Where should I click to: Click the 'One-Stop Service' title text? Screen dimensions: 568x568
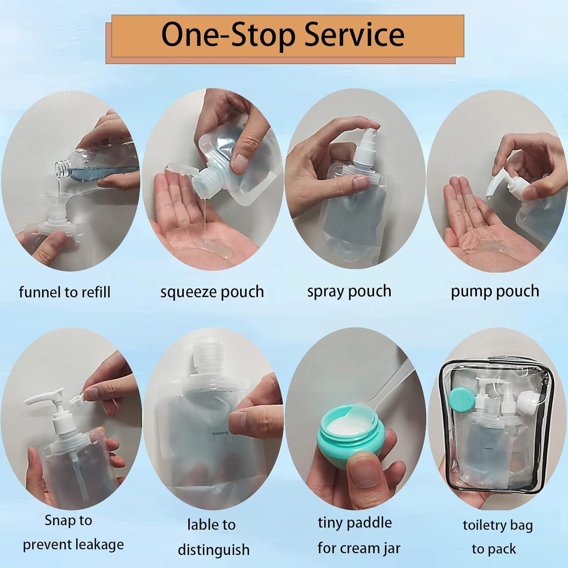[x=283, y=35]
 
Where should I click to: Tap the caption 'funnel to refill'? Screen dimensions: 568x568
[x=64, y=292]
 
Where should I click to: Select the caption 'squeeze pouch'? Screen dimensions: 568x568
[x=212, y=292]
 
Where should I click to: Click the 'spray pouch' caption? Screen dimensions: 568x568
[x=349, y=291]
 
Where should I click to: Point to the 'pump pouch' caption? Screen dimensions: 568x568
[x=494, y=291]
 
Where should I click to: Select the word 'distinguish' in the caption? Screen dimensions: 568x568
[x=213, y=550]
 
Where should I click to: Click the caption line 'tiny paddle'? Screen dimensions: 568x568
[x=355, y=522]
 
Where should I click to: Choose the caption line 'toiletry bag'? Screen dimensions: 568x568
[x=497, y=525]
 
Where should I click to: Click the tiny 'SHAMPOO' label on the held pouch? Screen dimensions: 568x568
[x=220, y=434]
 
